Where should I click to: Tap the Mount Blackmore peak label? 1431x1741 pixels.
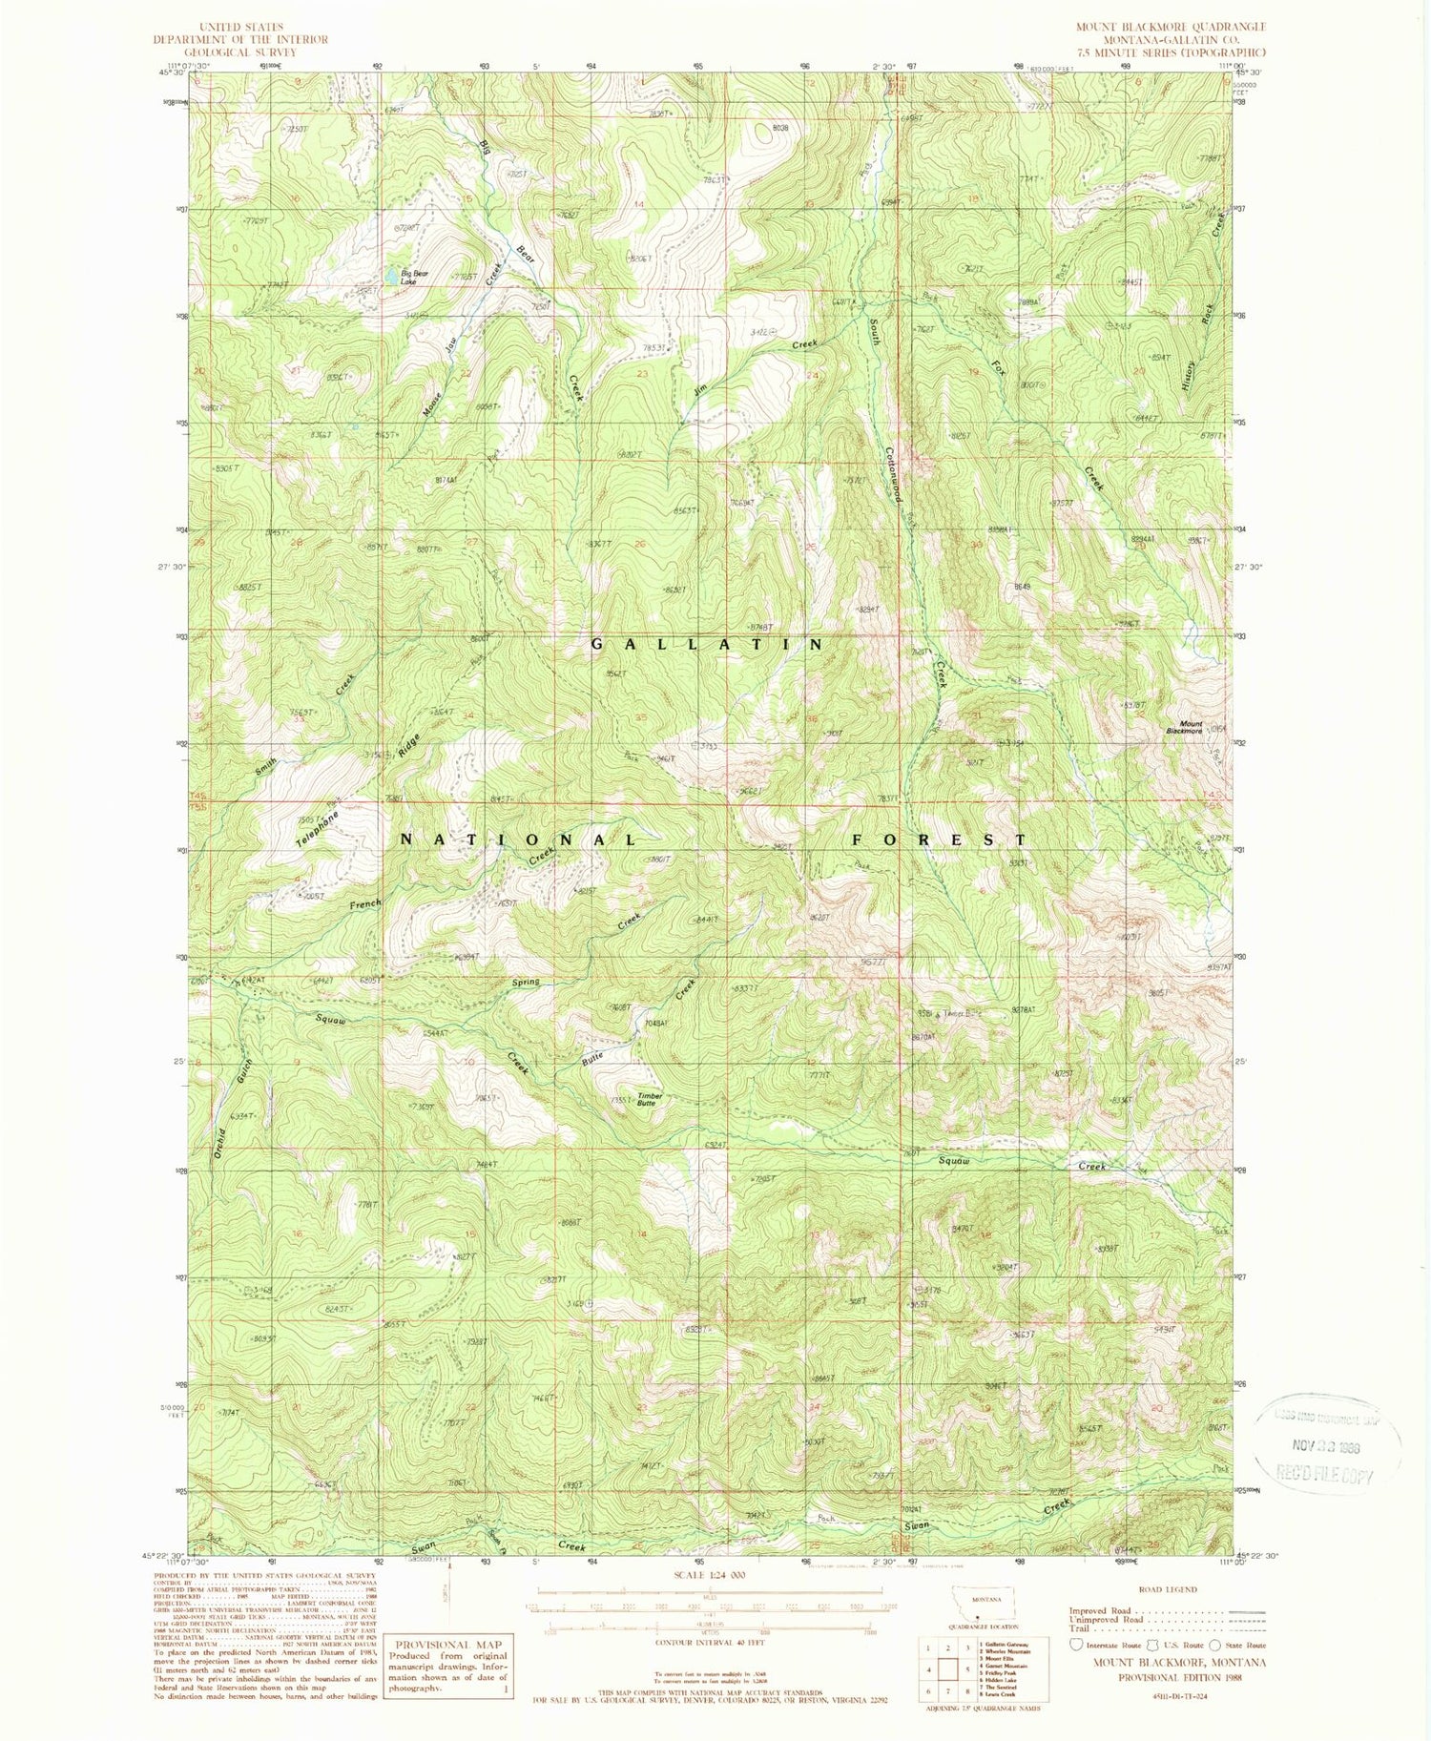tap(1190, 727)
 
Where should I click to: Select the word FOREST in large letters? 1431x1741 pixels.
tap(939, 839)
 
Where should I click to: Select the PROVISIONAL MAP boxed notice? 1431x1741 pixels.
tap(446, 1665)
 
